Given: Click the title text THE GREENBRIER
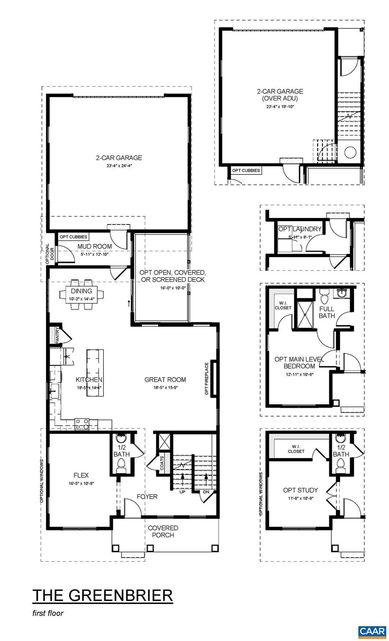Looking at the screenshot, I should click(102, 595).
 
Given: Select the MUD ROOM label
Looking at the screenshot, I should click(95, 247).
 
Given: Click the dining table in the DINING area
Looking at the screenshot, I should click(81, 294).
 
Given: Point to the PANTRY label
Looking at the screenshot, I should click(58, 336).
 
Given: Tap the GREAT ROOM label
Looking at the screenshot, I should click(165, 379).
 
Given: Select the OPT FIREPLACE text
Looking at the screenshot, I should click(206, 379).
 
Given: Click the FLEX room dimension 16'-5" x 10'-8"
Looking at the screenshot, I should click(81, 484).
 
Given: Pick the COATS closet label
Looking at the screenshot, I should click(162, 464).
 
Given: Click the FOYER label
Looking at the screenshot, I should click(147, 497).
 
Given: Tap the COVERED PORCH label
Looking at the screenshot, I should click(163, 531).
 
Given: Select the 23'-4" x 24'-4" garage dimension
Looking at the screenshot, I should click(119, 166).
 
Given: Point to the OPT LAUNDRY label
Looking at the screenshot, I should click(300, 229).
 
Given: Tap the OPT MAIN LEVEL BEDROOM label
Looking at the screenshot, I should click(299, 362).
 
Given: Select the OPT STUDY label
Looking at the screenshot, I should click(300, 490).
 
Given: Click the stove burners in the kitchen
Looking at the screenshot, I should click(81, 424).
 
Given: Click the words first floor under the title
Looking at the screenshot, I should click(48, 613).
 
